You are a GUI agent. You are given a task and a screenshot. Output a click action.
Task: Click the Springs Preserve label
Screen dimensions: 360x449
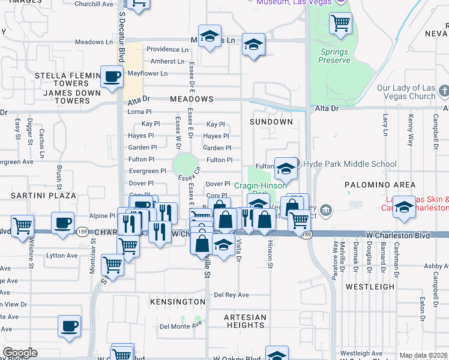click(334, 56)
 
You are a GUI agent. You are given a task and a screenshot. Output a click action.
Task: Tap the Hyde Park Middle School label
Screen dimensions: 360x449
click(349, 164)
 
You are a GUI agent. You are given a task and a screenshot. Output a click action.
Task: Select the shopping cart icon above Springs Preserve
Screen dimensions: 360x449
click(340, 23)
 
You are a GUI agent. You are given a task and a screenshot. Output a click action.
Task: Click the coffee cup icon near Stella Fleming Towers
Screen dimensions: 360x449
click(112, 77)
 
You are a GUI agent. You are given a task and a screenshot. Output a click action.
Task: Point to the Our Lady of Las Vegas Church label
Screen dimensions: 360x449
click(406, 92)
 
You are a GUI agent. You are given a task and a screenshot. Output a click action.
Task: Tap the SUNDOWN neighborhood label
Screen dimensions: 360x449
click(272, 122)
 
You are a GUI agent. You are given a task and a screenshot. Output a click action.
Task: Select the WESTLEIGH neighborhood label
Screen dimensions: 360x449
click(370, 287)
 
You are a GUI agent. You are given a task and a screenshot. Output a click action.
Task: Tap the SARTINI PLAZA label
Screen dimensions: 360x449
click(43, 196)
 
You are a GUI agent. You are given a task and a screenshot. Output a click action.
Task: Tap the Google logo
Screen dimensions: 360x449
click(20, 353)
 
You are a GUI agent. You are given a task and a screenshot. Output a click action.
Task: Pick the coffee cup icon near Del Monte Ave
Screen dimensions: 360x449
click(69, 325)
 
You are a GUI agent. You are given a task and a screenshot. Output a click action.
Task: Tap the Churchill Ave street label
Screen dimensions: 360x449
click(95, 4)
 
